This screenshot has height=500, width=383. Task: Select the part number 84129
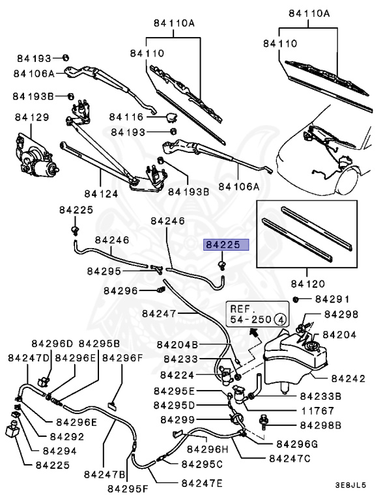point(32,117)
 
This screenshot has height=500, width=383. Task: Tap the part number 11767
point(318,411)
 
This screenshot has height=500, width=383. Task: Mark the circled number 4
point(279,319)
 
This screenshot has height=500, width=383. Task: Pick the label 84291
point(332,299)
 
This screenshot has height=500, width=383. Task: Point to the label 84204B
point(177,344)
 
